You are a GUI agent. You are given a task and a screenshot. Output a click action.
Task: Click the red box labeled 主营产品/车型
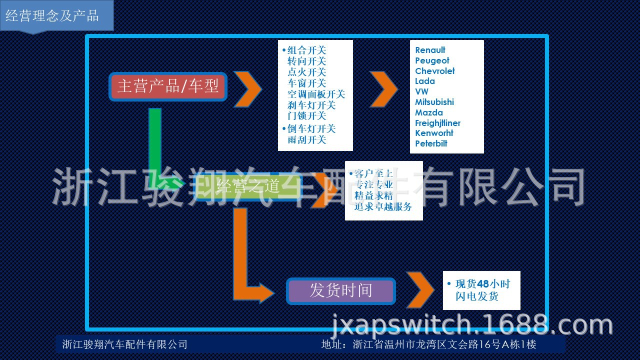click(x=168, y=86)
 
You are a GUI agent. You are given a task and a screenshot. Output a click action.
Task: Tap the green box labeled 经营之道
click(x=248, y=187)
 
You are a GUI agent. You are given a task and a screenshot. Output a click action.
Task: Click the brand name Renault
click(x=430, y=50)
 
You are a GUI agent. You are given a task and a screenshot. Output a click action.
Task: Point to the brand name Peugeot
click(x=432, y=60)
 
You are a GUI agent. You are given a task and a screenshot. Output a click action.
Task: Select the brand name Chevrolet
click(x=434, y=71)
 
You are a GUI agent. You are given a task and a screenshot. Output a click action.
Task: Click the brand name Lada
click(x=424, y=81)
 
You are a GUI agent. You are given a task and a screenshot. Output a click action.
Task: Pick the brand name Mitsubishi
click(x=434, y=102)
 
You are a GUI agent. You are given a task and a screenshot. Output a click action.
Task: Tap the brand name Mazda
click(x=428, y=112)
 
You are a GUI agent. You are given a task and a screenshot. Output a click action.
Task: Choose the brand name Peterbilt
click(x=431, y=143)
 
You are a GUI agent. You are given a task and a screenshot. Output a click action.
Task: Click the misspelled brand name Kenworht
click(x=434, y=133)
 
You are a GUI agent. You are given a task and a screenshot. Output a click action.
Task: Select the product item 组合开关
click(x=306, y=50)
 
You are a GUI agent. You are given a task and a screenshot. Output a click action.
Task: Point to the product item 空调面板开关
click(x=316, y=94)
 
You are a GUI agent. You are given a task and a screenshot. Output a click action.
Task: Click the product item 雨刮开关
click(x=306, y=139)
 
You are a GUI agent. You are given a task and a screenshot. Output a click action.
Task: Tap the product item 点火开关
click(x=306, y=72)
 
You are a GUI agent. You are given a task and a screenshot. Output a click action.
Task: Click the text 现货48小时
click(x=482, y=284)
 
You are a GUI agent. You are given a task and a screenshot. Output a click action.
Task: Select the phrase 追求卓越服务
click(x=383, y=206)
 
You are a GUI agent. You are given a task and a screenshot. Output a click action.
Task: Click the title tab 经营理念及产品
click(x=52, y=15)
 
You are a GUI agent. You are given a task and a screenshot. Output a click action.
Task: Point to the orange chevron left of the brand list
click(x=383, y=89)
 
